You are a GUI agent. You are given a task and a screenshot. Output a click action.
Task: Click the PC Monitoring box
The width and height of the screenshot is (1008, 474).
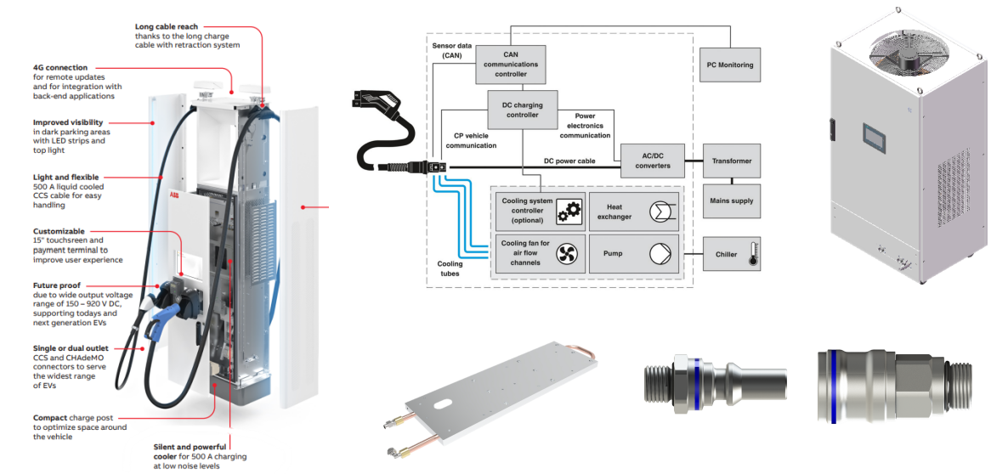coord(730,65)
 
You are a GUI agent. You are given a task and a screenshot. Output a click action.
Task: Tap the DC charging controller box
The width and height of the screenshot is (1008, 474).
coord(523,110)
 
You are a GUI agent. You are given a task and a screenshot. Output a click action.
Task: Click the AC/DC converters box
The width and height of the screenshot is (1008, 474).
coord(652,161)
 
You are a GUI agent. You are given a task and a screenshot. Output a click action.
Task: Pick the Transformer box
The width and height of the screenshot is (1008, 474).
coord(731,161)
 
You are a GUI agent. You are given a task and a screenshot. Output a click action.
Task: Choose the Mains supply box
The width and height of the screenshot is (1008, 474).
coord(731,201)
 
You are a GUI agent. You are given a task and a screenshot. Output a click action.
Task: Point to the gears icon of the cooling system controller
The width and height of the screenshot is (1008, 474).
coord(567,212)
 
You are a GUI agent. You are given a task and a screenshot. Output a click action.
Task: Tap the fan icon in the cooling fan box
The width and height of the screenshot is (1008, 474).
coord(567,252)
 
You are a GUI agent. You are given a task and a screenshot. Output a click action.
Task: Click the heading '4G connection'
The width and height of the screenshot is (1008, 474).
coord(59,68)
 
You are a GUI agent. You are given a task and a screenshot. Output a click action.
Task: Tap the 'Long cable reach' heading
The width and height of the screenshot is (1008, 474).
coord(167,27)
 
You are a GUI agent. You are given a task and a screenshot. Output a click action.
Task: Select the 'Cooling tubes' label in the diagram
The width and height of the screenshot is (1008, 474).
coord(450,269)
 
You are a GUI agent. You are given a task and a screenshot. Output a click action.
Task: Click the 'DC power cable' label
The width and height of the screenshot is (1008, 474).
coord(569,161)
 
